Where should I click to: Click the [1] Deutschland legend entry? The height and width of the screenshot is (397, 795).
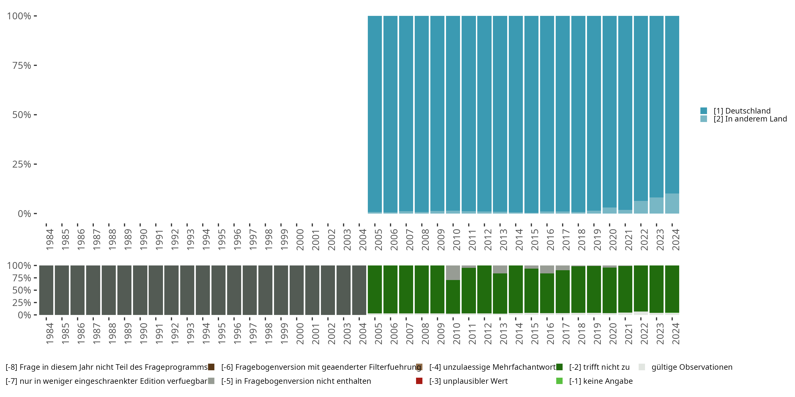pyautogui.click(x=742, y=111)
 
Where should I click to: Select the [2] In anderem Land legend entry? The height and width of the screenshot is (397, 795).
pyautogui.click(x=750, y=119)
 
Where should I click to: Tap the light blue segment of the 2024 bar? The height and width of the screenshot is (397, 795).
pyautogui.click(x=672, y=204)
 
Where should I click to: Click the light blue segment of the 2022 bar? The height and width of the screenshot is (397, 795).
pyautogui.click(x=641, y=207)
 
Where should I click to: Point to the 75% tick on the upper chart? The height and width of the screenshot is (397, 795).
pyautogui.click(x=22, y=65)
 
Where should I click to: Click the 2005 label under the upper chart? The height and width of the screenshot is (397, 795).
pyautogui.click(x=378, y=240)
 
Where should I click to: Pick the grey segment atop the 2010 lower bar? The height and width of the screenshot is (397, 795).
pyautogui.click(x=453, y=273)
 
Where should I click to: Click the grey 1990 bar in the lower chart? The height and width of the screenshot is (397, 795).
pyautogui.click(x=140, y=290)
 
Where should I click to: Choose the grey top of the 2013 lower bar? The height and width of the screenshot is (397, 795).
pyautogui.click(x=500, y=269)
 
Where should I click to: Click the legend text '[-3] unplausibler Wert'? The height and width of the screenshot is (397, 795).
pyautogui.click(x=468, y=381)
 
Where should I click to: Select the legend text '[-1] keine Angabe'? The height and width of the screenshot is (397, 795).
pyautogui.click(x=600, y=381)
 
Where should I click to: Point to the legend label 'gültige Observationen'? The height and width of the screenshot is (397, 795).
pyautogui.click(x=692, y=367)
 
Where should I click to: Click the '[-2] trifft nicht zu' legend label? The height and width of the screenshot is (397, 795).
pyautogui.click(x=599, y=367)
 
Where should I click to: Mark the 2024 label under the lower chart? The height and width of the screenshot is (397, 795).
pyautogui.click(x=675, y=333)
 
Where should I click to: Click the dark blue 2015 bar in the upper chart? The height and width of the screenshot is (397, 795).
pyautogui.click(x=531, y=114)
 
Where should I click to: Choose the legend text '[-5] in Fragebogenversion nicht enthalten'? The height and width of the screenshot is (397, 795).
pyautogui.click(x=296, y=381)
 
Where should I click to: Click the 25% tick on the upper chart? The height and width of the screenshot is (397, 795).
pyautogui.click(x=22, y=164)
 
